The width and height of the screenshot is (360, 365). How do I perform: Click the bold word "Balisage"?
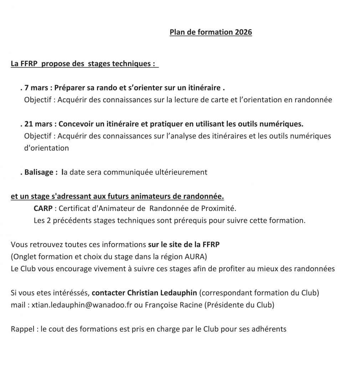39,173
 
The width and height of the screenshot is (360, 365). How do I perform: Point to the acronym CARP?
43,208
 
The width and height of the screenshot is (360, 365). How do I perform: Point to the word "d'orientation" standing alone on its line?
46,148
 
